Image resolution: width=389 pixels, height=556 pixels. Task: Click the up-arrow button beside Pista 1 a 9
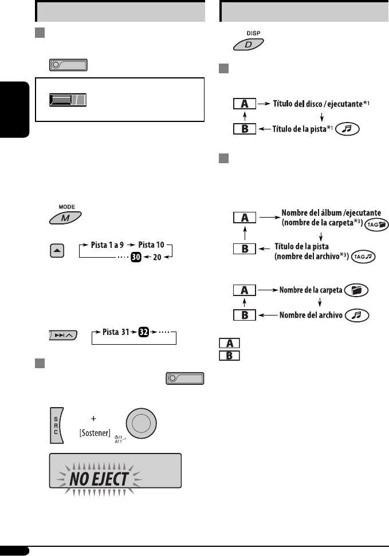[57, 252]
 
